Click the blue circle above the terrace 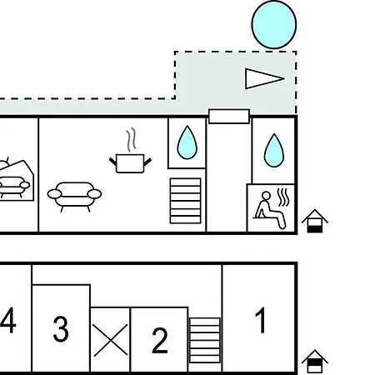click(274, 25)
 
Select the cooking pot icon click(130, 163)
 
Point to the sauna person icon click(269, 210)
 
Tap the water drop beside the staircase click(187, 142)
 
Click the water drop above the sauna click(274, 150)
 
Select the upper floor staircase click(186, 201)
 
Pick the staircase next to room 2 click(205, 340)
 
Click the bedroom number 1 click(261, 320)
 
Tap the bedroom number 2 click(160, 340)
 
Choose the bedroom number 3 click(61, 329)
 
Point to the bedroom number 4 click(7, 320)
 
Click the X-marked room click(111, 340)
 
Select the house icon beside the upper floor click(315, 221)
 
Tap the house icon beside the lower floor click(315, 361)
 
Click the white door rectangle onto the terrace click(229, 116)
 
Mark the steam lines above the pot click(131, 139)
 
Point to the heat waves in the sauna click(283, 197)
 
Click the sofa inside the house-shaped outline click(14, 187)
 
